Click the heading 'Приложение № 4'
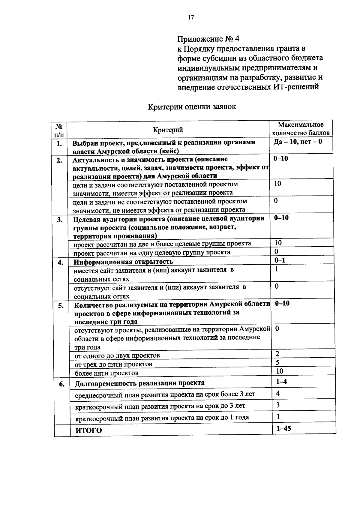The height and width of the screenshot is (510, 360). (208, 39)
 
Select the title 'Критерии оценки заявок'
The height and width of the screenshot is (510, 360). (192, 106)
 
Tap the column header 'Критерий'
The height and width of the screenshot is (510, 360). (168, 130)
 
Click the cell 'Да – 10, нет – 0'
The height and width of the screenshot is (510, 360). (298, 141)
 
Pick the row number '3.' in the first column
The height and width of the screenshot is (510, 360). (60, 220)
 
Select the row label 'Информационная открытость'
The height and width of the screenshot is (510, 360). (124, 262)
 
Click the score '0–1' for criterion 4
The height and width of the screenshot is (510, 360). (280, 260)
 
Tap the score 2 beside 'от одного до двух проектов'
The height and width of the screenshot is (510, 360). (277, 354)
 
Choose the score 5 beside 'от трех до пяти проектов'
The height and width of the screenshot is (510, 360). (277, 363)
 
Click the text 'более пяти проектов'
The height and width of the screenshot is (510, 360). (106, 373)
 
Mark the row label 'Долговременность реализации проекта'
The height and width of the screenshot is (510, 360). (139, 383)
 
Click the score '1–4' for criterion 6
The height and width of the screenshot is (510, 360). (281, 382)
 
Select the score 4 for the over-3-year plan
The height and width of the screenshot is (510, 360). (278, 393)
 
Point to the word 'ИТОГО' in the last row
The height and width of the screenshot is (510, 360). (88, 430)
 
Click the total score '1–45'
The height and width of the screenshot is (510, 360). (283, 429)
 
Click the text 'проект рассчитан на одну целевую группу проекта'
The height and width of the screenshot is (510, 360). (152, 252)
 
